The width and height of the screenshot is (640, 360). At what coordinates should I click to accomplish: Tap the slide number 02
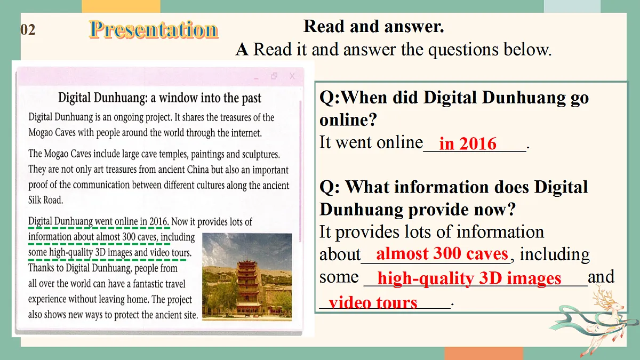tap(28, 30)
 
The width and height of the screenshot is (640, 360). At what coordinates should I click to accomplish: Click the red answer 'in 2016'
tap(468, 143)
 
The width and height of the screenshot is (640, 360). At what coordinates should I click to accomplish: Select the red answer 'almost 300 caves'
tap(442, 253)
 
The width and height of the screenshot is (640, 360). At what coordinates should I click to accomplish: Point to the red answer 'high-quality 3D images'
tap(469, 278)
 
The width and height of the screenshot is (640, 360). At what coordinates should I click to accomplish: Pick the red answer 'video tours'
tap(373, 302)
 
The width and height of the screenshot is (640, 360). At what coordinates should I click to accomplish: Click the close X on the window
tap(292, 76)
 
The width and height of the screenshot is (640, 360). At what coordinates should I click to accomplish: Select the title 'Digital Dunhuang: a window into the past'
tap(159, 98)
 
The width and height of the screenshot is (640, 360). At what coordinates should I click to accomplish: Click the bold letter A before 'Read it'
tap(242, 50)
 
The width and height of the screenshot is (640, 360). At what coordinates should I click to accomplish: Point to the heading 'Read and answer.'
tap(373, 26)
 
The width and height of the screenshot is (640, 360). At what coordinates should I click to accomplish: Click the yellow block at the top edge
tap(121, 6)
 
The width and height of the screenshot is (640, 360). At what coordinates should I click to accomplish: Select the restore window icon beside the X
tap(274, 76)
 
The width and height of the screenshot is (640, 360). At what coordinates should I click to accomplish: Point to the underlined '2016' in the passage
tap(158, 221)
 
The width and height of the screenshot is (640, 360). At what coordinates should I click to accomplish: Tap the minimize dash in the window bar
tap(257, 77)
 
